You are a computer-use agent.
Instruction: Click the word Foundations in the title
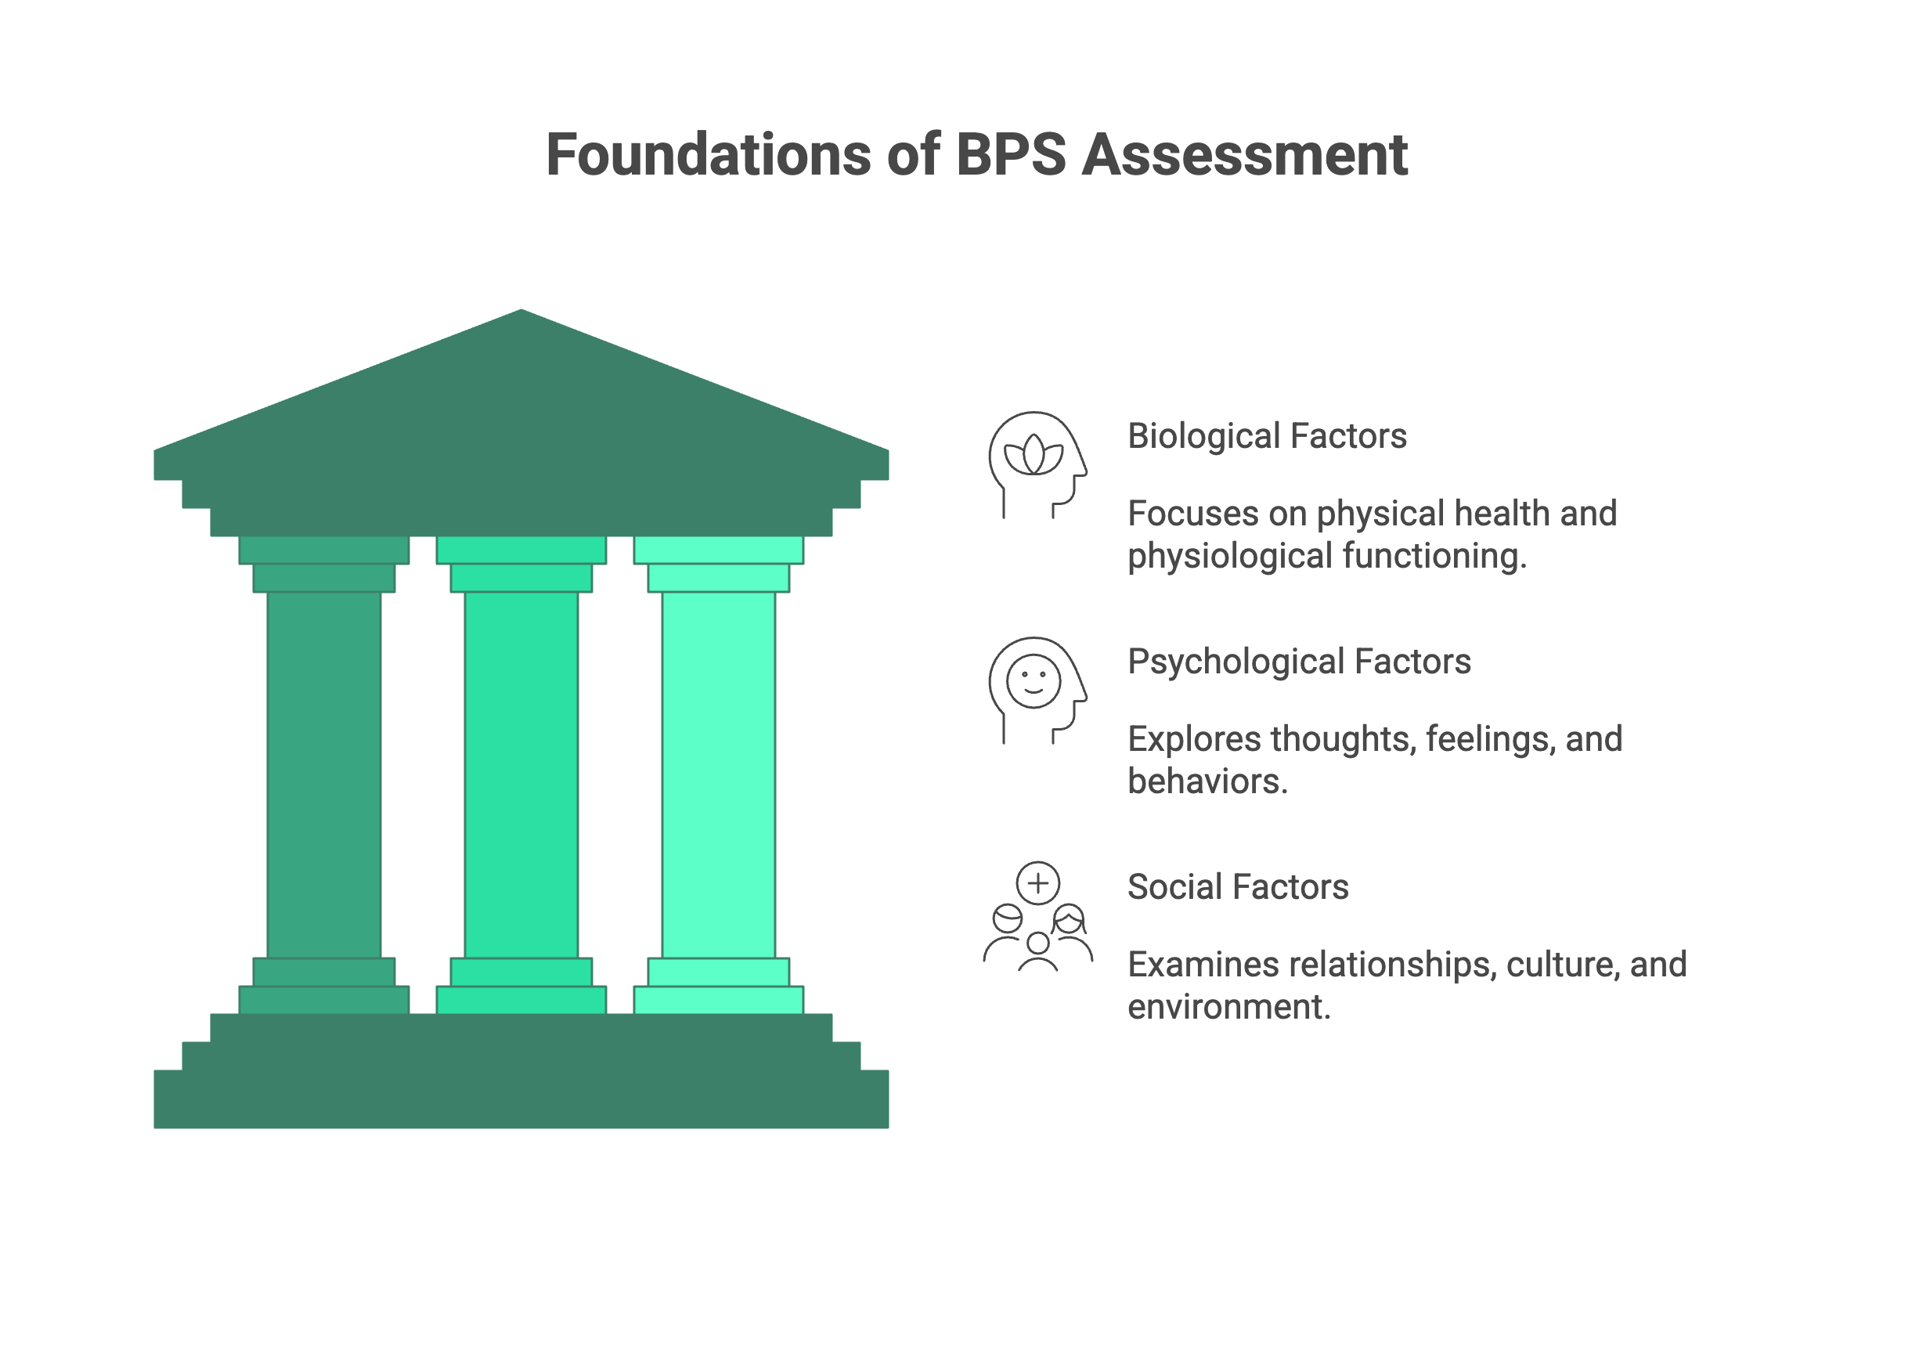click(x=708, y=155)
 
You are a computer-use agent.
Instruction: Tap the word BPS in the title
click(x=1010, y=155)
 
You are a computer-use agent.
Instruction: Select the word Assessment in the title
click(x=1245, y=155)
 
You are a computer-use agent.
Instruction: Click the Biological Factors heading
click(x=1266, y=435)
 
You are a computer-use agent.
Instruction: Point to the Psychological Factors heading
click(x=1299, y=662)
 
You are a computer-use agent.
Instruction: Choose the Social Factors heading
click(x=1237, y=886)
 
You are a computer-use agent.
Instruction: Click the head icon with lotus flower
click(x=1036, y=464)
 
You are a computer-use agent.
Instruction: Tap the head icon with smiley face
click(x=1036, y=688)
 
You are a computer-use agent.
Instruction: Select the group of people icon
click(x=1037, y=937)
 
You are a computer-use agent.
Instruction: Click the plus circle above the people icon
click(x=1038, y=882)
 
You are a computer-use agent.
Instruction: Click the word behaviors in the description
click(x=1207, y=781)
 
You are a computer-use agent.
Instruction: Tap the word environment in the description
click(x=1228, y=1006)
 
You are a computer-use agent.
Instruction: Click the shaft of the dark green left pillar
click(x=324, y=775)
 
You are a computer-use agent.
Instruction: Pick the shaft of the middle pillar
click(x=521, y=775)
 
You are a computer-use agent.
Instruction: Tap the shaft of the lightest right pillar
click(x=718, y=775)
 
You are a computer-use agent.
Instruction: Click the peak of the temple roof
click(x=521, y=316)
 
